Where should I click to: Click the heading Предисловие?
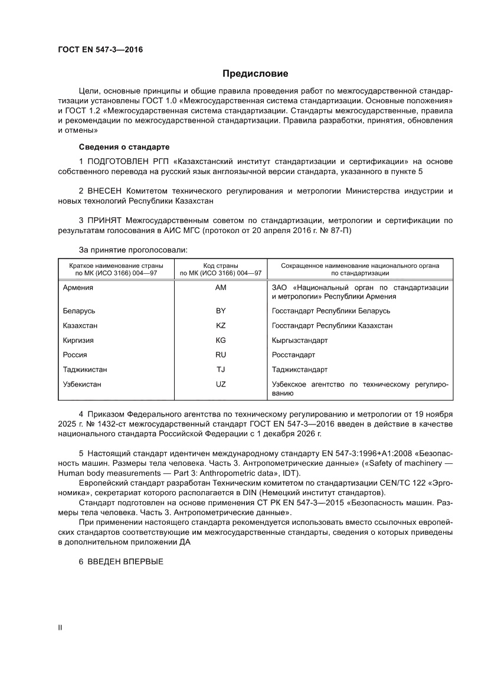point(255,74)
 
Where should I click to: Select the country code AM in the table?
point(221,287)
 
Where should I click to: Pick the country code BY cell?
point(221,310)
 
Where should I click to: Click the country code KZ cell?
point(221,325)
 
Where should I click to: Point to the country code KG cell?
point(221,340)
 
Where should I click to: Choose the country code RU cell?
point(221,355)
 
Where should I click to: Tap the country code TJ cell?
point(221,369)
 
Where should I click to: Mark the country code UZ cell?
point(221,384)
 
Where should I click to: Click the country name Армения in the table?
point(78,287)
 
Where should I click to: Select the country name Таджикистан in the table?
point(85,369)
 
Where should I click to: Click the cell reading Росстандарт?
point(293,355)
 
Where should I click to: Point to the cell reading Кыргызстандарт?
point(300,340)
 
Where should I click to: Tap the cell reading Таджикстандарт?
point(300,369)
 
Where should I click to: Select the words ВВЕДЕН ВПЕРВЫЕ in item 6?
point(125,561)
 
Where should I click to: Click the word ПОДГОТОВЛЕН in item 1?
point(122,161)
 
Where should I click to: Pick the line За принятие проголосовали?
point(133,250)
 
